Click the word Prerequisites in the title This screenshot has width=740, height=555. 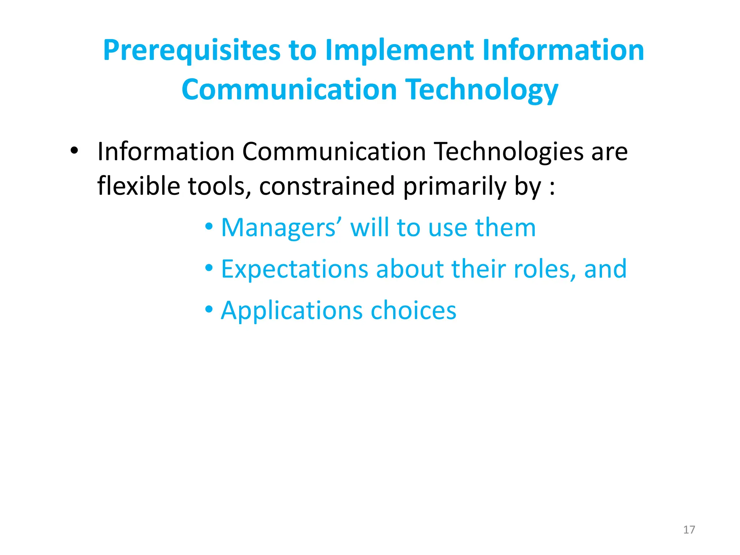[x=192, y=51]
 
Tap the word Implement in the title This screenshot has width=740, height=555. [x=399, y=51]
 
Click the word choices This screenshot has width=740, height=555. [x=413, y=311]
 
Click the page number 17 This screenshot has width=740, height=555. [x=689, y=530]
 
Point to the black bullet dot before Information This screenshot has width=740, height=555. [x=74, y=151]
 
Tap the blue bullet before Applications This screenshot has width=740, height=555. [x=209, y=310]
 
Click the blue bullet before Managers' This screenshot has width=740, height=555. [x=209, y=227]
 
